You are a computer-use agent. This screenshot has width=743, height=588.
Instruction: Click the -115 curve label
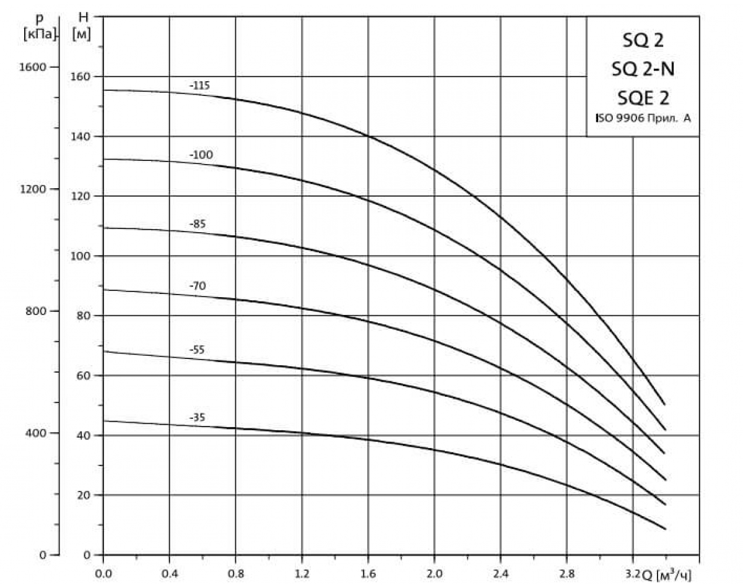tap(200, 86)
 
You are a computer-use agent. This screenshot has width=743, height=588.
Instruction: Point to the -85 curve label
tap(198, 225)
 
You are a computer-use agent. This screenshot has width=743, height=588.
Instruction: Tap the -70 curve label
tap(198, 286)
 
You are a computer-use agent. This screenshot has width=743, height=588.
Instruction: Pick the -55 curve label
tap(197, 350)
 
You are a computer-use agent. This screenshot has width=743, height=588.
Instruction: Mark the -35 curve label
tap(197, 418)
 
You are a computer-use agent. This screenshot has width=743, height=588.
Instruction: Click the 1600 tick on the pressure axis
tap(35, 67)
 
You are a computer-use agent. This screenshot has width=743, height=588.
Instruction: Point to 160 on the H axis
tap(82, 77)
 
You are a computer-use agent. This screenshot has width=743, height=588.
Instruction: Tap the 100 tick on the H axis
tap(82, 256)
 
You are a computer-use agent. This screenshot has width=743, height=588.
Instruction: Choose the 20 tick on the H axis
tap(84, 495)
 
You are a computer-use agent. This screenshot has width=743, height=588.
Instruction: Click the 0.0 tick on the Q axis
tap(103, 573)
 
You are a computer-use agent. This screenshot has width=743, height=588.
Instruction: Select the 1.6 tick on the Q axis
tap(368, 573)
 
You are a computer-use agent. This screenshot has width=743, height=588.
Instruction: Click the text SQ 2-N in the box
tap(643, 69)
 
